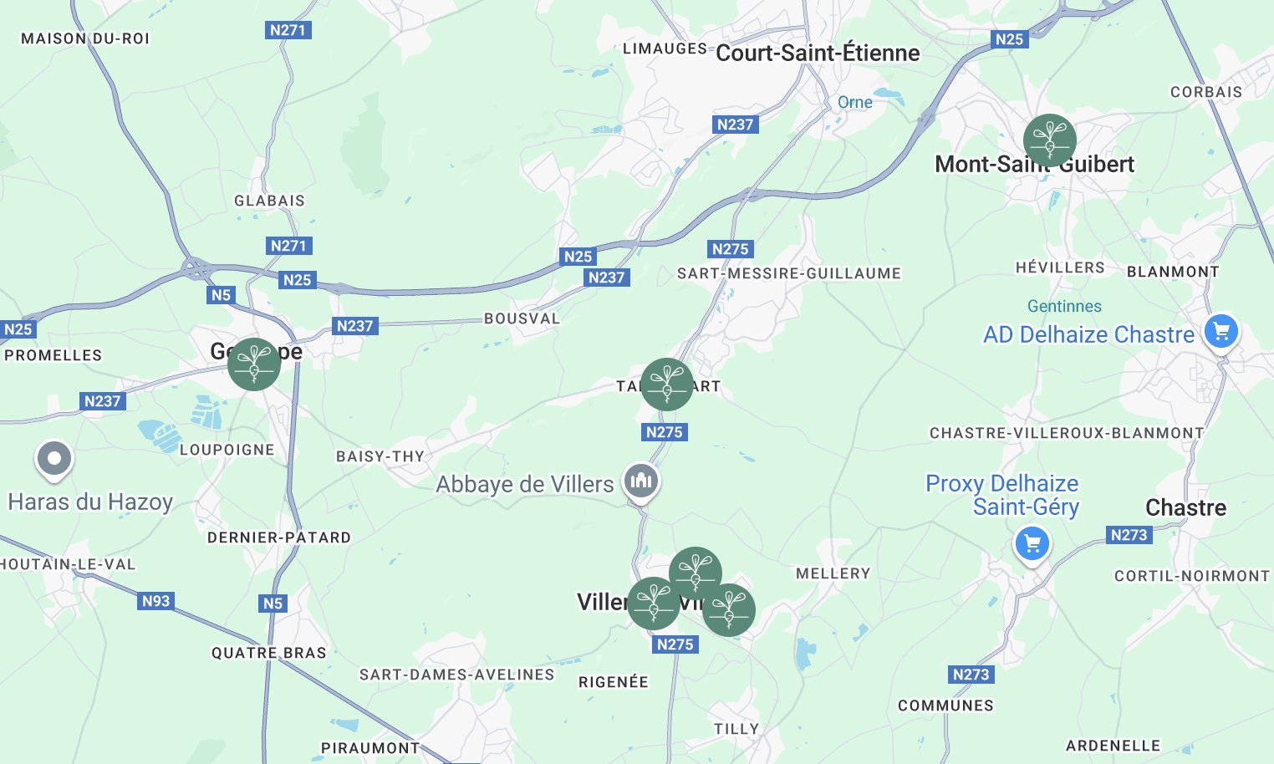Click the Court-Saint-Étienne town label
point(818,53)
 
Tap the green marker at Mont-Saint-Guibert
point(1049,140)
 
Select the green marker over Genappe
point(253,364)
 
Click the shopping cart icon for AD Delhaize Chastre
point(1220,332)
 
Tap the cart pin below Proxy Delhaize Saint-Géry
point(1032,544)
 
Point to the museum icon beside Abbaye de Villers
point(641,481)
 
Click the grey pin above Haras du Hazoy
point(54,459)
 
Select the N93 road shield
point(156,601)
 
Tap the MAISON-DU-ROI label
point(85,38)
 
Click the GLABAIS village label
point(269,201)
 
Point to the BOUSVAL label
point(522,318)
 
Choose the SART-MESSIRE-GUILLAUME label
point(789,273)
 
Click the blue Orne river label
point(854,102)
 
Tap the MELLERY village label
point(833,573)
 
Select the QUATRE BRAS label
point(268,653)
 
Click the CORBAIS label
point(1206,92)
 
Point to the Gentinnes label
point(1064,306)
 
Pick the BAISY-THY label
point(380,456)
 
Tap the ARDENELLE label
point(1113,746)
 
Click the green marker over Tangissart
point(666,384)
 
